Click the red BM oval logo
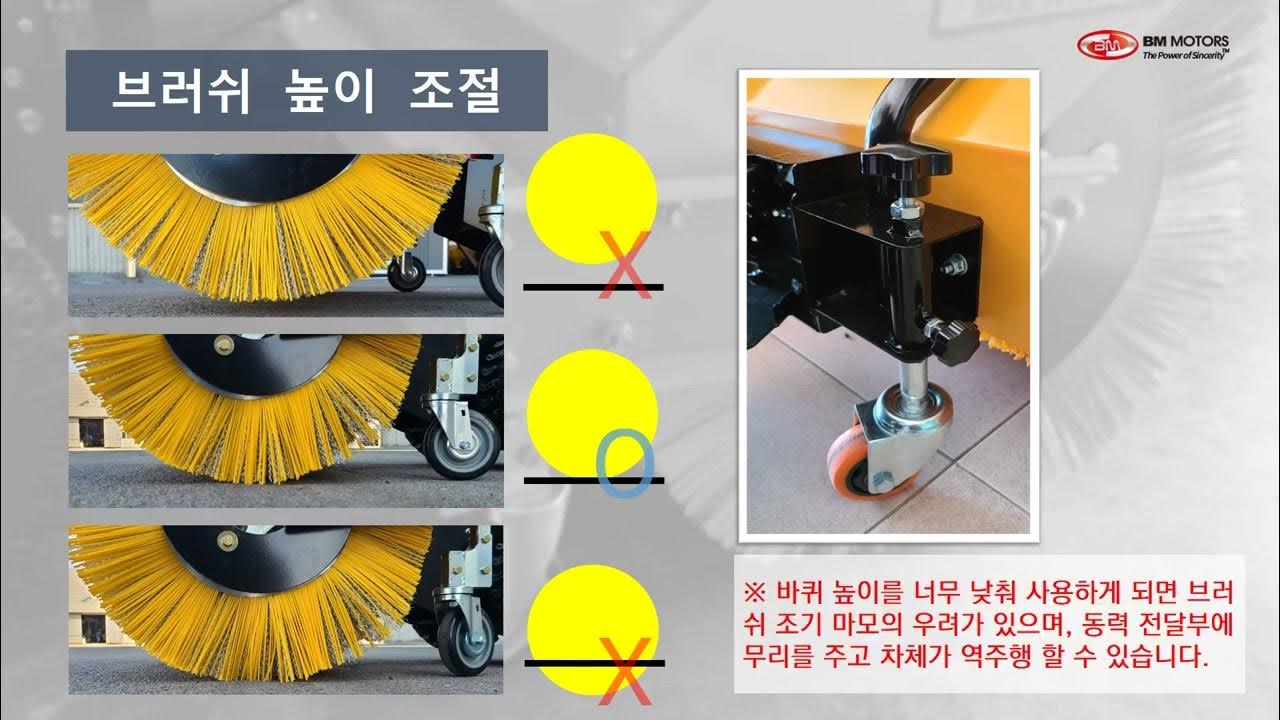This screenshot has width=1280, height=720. point(1107,45)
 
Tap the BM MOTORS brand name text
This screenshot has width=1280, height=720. point(1186,41)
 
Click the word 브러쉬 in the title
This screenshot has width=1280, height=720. point(181,91)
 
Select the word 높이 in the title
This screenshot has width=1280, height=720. point(329,91)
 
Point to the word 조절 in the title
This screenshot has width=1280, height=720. point(455,91)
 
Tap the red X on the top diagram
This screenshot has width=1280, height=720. point(625,265)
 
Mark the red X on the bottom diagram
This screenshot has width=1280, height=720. point(625,671)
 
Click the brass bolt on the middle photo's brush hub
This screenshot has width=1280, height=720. point(223,345)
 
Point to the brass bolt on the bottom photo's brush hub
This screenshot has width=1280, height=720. point(227,540)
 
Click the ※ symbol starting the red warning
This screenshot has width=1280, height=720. point(754,593)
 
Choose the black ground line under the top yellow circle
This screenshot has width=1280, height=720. point(593,287)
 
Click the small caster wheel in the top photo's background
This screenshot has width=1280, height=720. point(406,274)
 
